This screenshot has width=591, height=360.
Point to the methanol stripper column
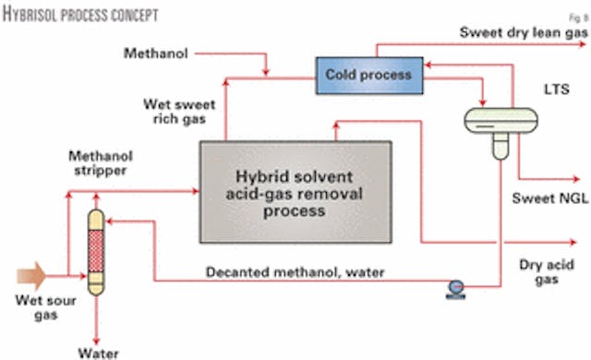[94, 250]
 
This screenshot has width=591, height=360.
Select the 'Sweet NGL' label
[547, 197]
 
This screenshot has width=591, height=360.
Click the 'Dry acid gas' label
[549, 270]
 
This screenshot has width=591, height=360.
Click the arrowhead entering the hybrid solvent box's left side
[196, 191]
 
